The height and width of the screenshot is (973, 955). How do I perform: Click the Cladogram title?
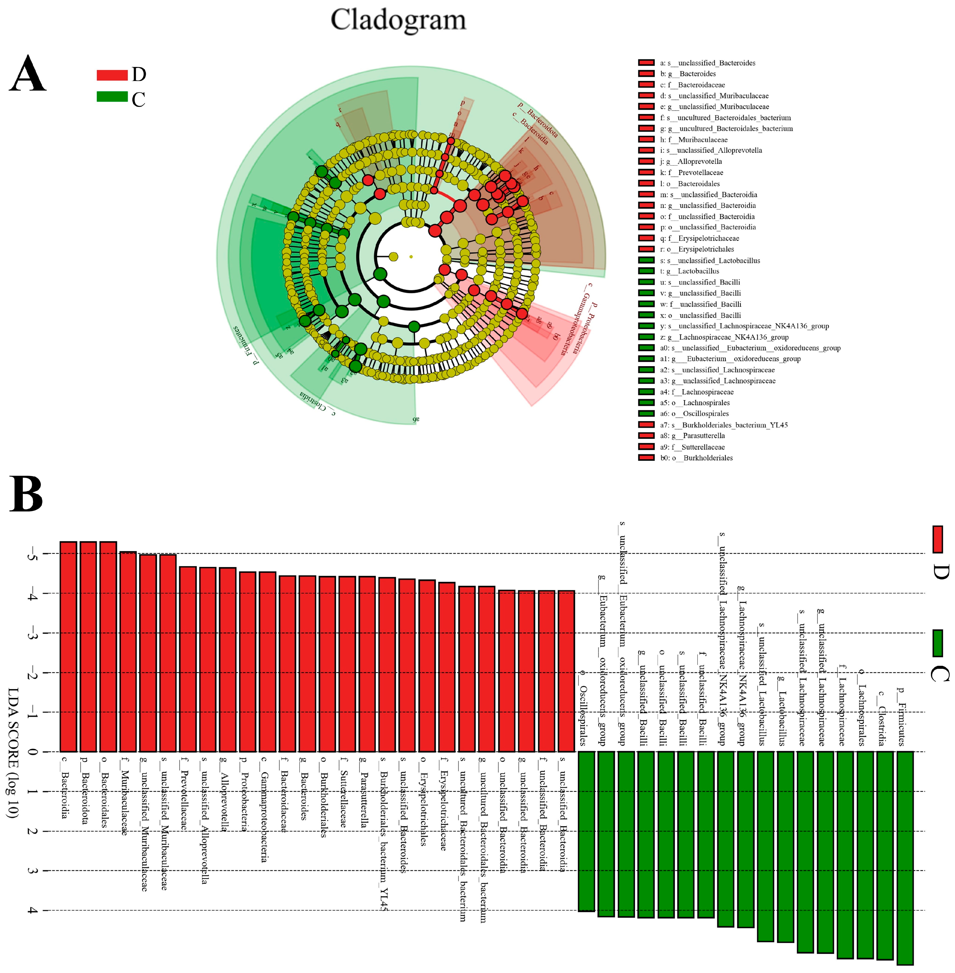(398, 20)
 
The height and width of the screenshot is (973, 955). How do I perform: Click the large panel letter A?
(28, 74)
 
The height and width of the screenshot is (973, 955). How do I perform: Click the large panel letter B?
(26, 494)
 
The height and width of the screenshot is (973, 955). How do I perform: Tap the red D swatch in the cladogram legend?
(112, 75)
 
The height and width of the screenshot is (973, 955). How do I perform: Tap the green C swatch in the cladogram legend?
(112, 96)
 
